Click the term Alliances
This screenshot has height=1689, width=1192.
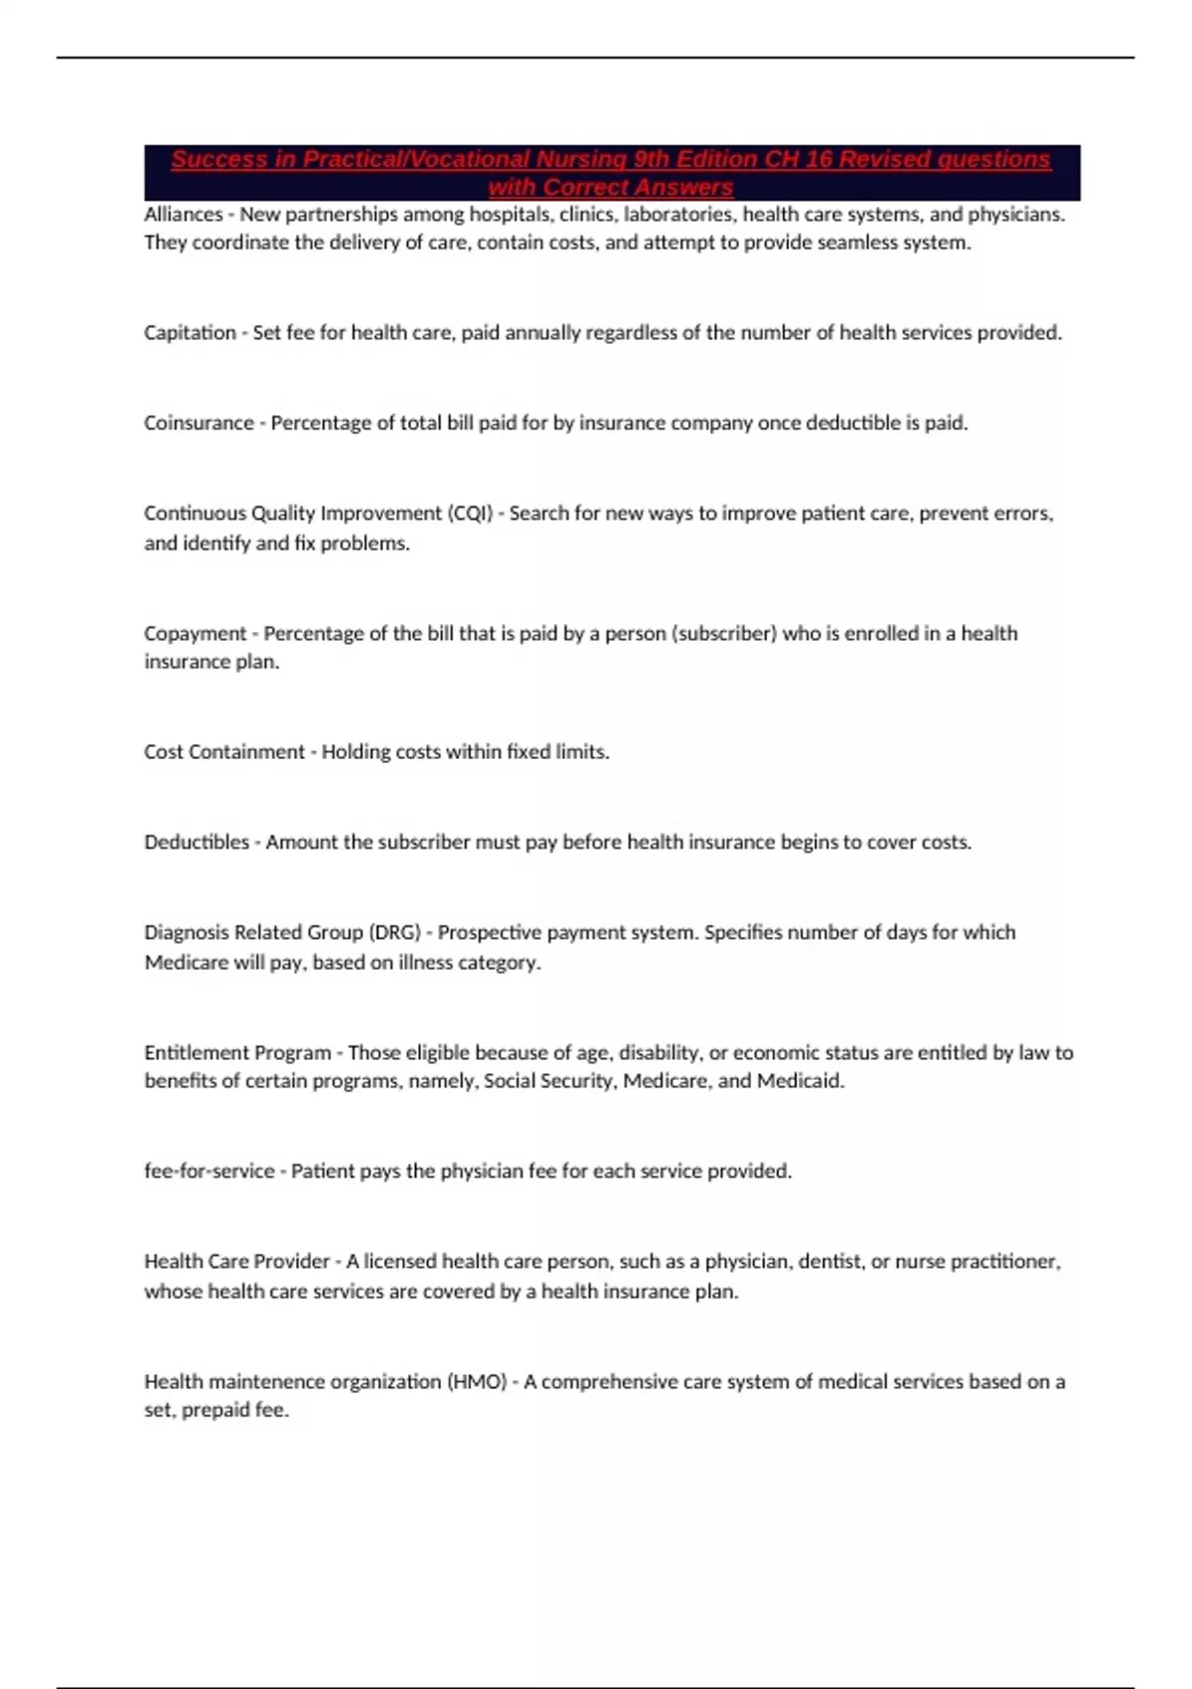[x=184, y=215]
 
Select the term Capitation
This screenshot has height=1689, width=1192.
[x=190, y=333]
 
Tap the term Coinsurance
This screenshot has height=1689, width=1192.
[x=199, y=423]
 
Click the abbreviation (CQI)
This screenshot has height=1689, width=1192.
[x=470, y=514]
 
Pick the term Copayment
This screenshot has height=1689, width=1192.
[x=195, y=634]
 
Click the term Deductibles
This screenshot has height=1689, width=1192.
[x=197, y=843]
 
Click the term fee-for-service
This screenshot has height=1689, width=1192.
[x=209, y=1171]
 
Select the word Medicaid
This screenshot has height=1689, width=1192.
[x=800, y=1081]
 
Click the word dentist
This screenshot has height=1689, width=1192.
[x=826, y=1262]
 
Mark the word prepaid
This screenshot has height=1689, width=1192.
[x=214, y=1411]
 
